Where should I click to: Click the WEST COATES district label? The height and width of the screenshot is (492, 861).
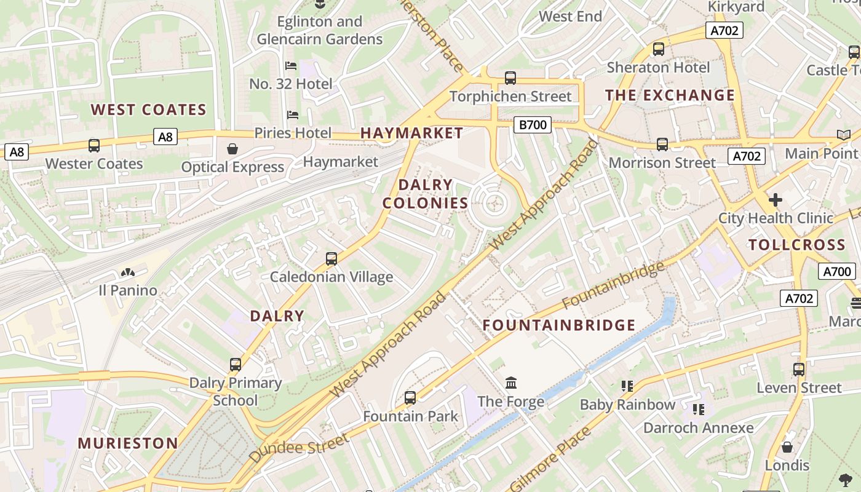click(x=149, y=110)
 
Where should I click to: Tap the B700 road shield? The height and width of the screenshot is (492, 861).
click(x=533, y=125)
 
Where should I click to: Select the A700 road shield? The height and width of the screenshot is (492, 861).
click(x=837, y=271)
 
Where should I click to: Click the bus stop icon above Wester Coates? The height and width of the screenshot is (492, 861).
click(x=94, y=146)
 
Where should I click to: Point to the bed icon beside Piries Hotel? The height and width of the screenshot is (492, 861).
click(x=293, y=115)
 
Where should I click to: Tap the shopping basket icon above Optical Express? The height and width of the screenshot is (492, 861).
click(x=232, y=149)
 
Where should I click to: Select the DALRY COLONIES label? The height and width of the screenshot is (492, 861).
click(x=426, y=194)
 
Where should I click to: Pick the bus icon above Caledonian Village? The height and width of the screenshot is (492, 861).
click(x=331, y=259)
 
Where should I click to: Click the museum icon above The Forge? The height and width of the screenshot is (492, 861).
click(x=511, y=383)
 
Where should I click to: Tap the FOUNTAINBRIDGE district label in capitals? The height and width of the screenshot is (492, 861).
click(x=559, y=325)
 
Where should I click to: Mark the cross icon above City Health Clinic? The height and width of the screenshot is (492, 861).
click(x=776, y=200)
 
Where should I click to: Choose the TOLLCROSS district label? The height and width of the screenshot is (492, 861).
click(x=797, y=245)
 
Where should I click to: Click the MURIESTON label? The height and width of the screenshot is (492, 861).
click(x=128, y=443)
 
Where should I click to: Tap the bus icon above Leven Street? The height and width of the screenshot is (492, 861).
click(x=799, y=370)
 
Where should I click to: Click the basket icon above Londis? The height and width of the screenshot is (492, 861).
click(x=787, y=447)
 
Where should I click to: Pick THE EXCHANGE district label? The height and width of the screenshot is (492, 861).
click(x=670, y=95)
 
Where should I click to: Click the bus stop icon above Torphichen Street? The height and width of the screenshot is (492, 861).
click(x=510, y=78)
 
